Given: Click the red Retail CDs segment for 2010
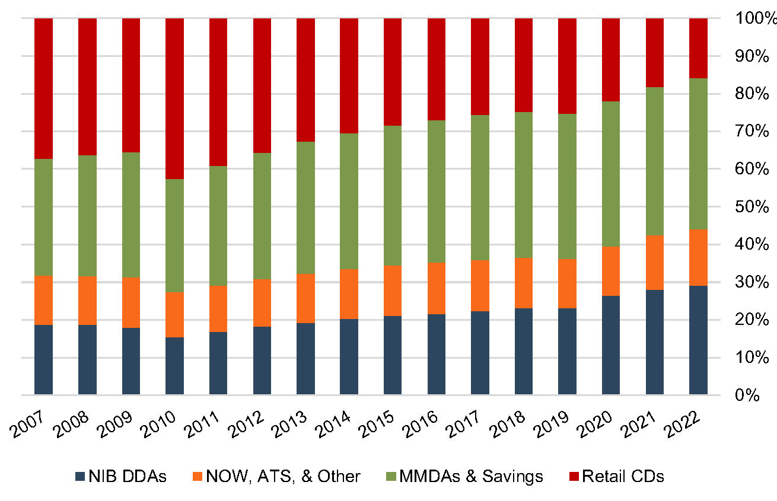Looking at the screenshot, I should point(174,98).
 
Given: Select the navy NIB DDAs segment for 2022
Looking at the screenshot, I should point(698,340).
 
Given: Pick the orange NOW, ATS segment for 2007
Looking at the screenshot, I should point(44,300).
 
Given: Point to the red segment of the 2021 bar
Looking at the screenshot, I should point(655,53).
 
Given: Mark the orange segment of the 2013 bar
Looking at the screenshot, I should point(305,298).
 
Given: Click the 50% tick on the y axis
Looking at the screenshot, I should point(752,207).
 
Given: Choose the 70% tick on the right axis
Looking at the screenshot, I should point(752,132).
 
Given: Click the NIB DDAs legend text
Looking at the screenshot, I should point(128,476).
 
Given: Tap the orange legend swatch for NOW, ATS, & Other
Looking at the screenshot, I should point(198,476).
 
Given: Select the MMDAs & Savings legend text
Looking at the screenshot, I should point(471,476).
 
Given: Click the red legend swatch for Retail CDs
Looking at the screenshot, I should point(574,476).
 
